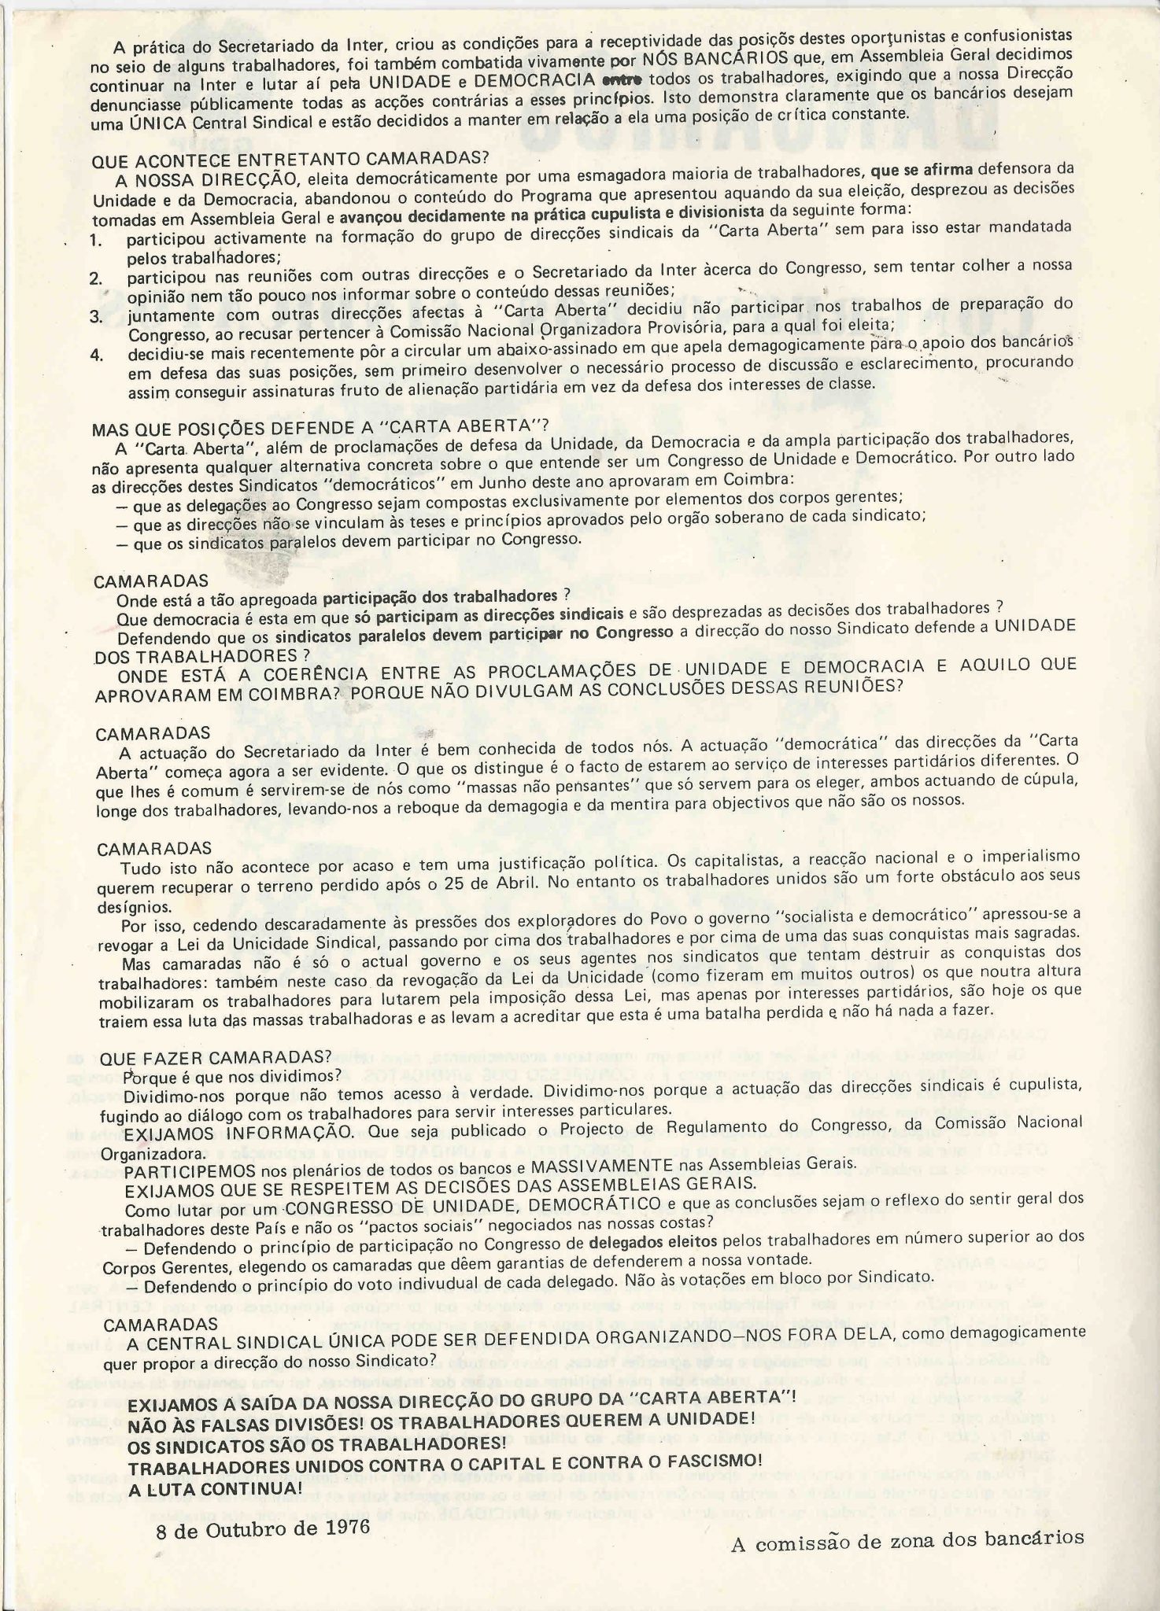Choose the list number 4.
(96, 354)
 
